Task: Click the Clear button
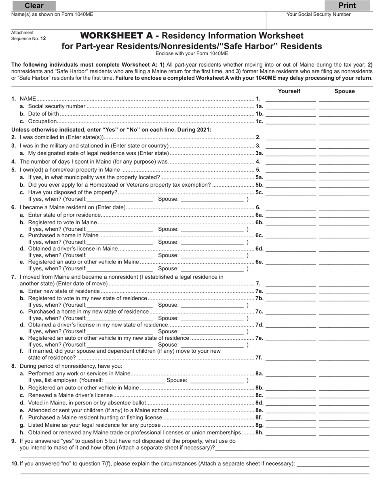pos(34,6)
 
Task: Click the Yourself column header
pos(289,91)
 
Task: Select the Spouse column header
pos(344,91)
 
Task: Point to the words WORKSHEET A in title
pos(116,36)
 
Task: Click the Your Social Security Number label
pos(319,15)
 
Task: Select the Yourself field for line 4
pos(291,161)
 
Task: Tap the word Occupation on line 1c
pos(42,121)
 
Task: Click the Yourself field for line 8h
pos(291,432)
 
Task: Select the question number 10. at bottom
pos(15,464)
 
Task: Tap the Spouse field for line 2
pos(344,137)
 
